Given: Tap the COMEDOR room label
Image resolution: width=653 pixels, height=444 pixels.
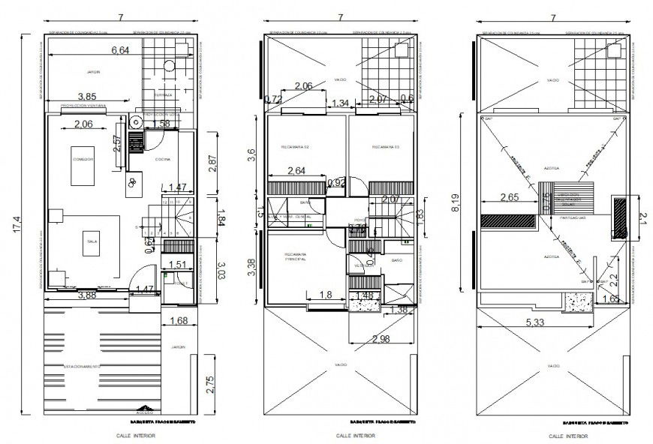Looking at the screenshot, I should point(83,160).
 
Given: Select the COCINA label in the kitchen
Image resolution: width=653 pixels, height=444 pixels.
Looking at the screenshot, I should point(163,160).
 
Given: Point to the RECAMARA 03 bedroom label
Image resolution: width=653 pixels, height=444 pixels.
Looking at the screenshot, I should point(386,147).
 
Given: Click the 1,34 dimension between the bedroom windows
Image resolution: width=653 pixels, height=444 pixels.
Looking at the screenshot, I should point(340,103).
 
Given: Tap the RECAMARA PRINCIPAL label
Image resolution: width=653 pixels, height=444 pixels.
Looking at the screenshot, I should point(294,259).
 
